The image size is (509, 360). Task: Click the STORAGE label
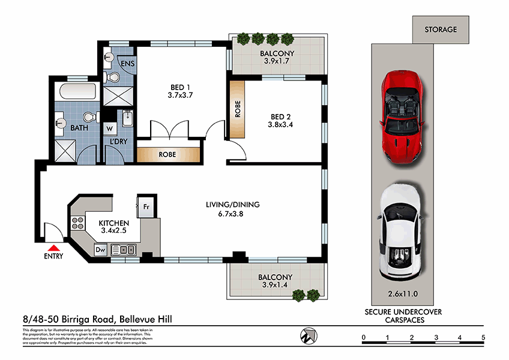point(441,29)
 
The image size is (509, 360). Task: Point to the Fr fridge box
point(146,207)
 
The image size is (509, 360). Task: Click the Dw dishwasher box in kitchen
point(100,250)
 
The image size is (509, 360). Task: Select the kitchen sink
point(125,250)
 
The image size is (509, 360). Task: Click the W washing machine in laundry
point(110,128)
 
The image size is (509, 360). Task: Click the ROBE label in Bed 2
point(237,108)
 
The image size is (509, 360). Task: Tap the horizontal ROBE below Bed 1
point(167,154)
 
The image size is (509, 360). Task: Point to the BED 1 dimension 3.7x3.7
point(180,95)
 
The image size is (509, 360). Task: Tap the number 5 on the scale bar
point(483,338)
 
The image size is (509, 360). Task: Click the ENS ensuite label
point(127,64)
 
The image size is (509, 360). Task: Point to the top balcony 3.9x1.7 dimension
point(277,61)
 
